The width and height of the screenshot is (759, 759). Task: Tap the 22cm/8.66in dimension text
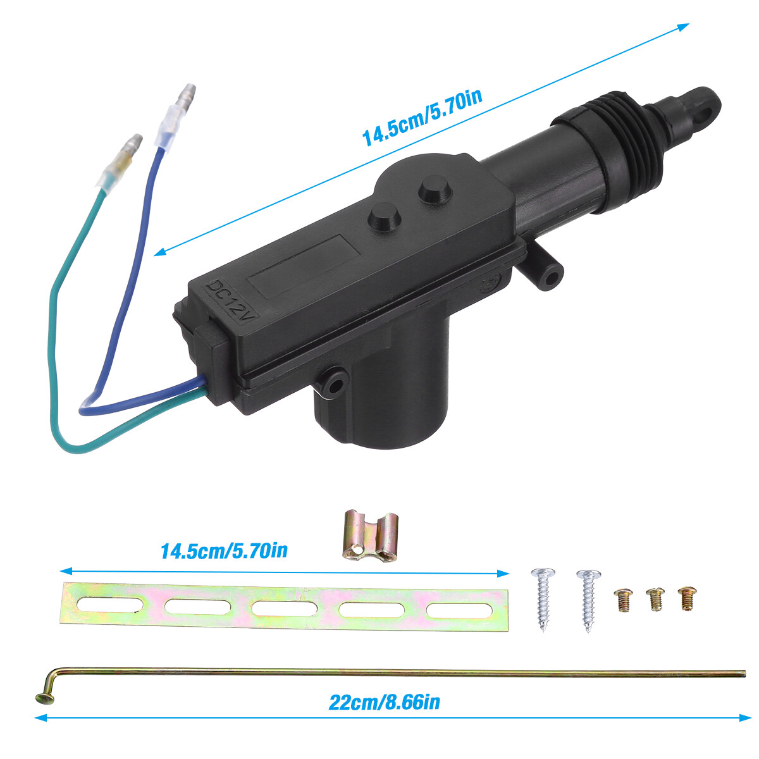click(384, 701)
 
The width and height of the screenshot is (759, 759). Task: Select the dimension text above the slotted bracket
click(224, 550)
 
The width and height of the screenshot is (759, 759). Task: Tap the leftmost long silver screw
click(543, 598)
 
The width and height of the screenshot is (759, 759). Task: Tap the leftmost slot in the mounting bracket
click(110, 605)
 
